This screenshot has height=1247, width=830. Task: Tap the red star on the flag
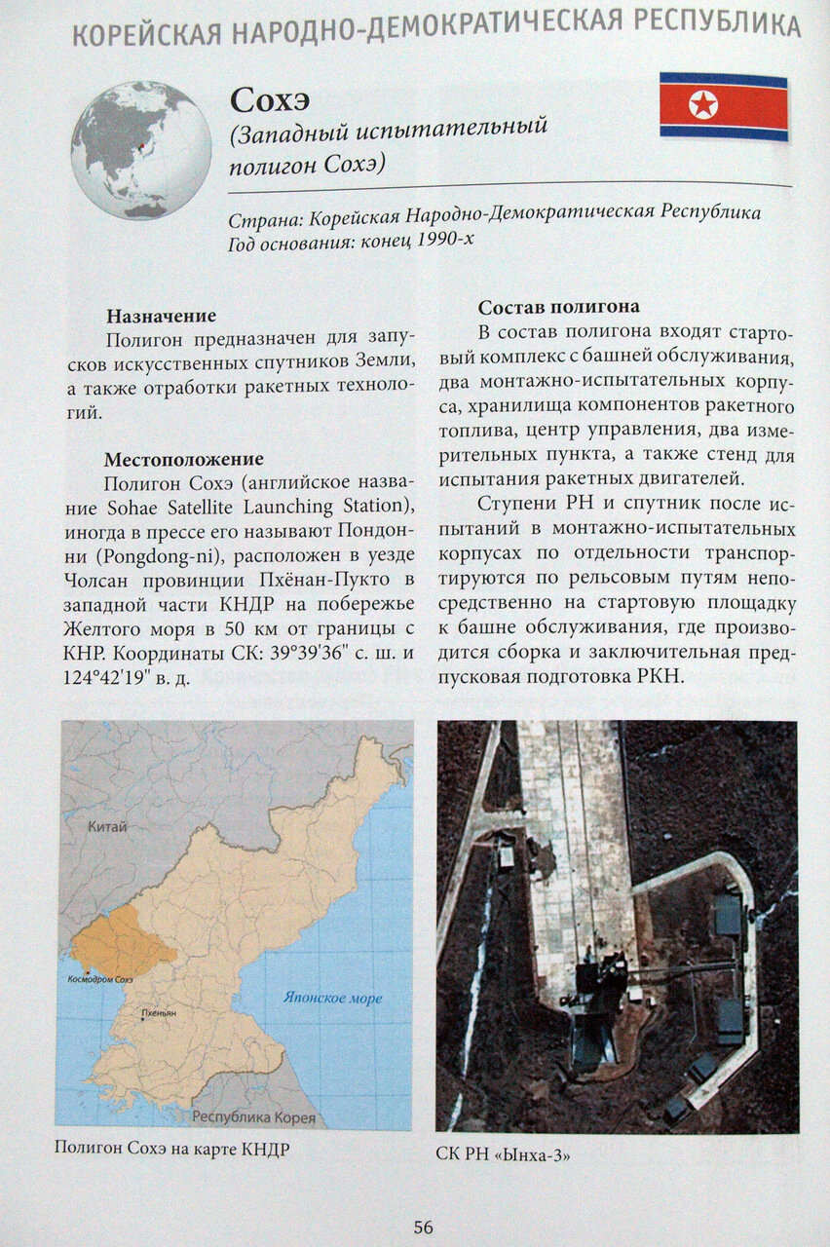pyautogui.click(x=703, y=104)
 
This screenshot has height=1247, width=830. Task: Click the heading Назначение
pyautogui.click(x=161, y=316)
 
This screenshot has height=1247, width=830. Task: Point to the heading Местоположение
pyautogui.click(x=184, y=458)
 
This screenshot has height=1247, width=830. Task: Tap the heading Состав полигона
pyautogui.click(x=558, y=306)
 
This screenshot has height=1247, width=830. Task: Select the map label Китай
pyautogui.click(x=107, y=827)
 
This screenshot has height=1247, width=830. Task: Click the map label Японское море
pyautogui.click(x=332, y=998)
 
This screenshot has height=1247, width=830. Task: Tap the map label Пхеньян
pyautogui.click(x=158, y=1013)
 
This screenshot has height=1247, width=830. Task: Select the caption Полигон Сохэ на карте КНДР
pyautogui.click(x=172, y=1149)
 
